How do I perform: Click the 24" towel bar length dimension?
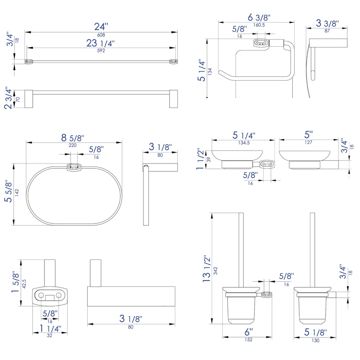coord(101,27)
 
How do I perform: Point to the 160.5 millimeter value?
coord(258,25)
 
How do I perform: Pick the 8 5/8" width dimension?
coord(72,138)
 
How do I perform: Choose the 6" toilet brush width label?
coord(248,332)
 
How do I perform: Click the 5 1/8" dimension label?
coord(316,332)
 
